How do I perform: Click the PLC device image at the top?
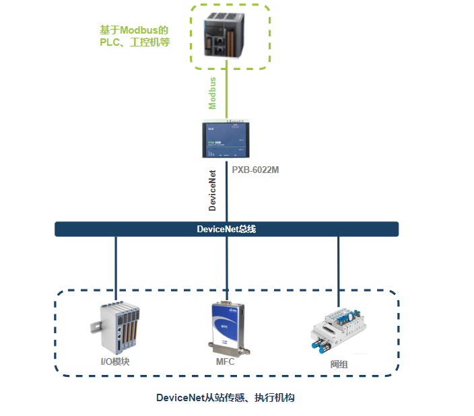[228, 37]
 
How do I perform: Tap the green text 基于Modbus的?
[133, 30]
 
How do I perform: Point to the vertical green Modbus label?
[213, 94]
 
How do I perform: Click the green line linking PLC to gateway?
[227, 94]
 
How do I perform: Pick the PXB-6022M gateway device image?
[227, 139]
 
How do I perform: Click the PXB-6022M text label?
[255, 170]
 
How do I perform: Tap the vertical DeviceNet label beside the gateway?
[213, 190]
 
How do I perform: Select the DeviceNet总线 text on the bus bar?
[226, 230]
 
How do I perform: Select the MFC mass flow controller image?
[226, 328]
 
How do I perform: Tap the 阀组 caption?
[339, 364]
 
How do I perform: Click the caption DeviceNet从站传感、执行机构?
[226, 398]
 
